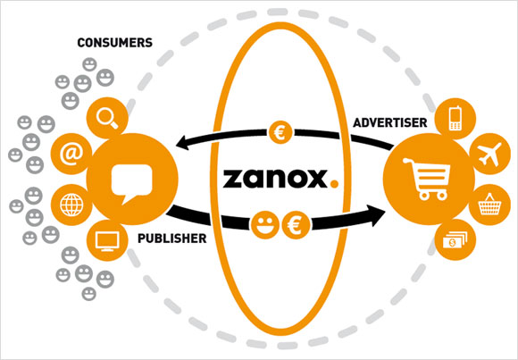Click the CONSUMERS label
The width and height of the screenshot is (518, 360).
114,43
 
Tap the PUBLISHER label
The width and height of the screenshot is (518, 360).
171,239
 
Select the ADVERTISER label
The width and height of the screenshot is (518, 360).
389,123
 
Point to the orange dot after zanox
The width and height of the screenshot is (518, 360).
334,184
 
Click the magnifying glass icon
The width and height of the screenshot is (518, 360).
107,119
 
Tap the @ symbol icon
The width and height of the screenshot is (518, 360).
71,154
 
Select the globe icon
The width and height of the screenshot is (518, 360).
71,205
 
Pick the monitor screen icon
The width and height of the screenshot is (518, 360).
107,241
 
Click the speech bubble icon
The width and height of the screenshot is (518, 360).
132,183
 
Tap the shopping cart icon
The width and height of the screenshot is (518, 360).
426,180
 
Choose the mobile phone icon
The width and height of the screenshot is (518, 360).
455,118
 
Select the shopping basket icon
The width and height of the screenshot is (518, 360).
490,205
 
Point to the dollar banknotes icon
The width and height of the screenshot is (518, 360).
455,240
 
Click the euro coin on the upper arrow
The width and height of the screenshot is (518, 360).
280,132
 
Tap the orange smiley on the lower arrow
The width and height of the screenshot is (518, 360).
264,225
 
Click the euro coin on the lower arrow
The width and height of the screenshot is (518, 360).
296,225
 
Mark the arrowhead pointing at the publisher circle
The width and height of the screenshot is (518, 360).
183,143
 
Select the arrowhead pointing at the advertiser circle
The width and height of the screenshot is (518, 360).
379,215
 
